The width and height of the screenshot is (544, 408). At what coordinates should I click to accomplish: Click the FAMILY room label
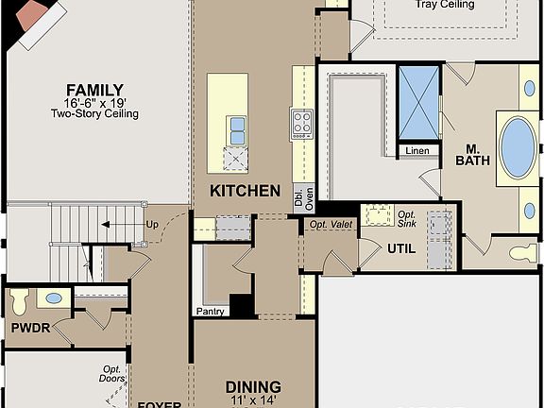click(x=94, y=90)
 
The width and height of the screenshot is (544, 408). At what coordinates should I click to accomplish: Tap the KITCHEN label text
click(x=245, y=191)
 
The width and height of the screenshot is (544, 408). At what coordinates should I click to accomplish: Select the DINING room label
click(x=253, y=387)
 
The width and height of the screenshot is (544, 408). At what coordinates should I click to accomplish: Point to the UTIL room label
click(x=399, y=248)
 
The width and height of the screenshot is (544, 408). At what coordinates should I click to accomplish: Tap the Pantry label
click(x=210, y=311)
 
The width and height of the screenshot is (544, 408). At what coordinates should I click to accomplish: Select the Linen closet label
click(x=416, y=151)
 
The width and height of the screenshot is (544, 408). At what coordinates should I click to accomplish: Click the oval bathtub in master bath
click(x=518, y=147)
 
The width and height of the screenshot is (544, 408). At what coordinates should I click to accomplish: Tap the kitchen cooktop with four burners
click(x=302, y=124)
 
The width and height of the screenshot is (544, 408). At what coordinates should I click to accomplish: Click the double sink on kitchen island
click(x=236, y=130)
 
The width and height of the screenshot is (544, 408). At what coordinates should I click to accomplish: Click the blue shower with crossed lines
click(x=418, y=103)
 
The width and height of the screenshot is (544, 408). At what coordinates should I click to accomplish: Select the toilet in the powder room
click(x=19, y=301)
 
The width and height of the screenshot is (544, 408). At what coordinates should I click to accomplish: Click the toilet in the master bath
click(x=522, y=253)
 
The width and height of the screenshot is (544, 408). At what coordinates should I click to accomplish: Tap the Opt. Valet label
click(x=331, y=225)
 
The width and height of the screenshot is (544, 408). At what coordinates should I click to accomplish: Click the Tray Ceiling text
click(x=444, y=5)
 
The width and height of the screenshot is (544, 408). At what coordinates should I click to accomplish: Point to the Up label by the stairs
click(x=152, y=225)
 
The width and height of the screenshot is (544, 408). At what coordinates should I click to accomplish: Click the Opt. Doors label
click(x=113, y=374)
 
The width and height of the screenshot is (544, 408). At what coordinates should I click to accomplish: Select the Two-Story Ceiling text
click(x=94, y=114)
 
